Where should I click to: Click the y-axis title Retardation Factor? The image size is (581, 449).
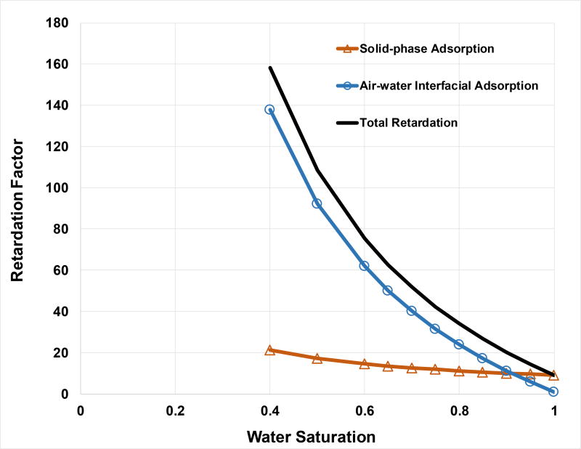click(20, 209)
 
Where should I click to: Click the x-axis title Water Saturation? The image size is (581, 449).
click(311, 437)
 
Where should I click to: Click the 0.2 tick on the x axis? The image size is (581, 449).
click(175, 409)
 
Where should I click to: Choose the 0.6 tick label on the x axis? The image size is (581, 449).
click(365, 409)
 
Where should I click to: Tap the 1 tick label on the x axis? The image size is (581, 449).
click(554, 409)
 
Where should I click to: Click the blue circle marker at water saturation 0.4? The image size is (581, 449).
click(269, 110)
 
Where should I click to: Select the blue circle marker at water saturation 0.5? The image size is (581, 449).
click(317, 203)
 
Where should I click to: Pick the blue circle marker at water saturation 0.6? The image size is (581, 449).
click(365, 266)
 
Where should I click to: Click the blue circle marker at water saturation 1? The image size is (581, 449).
click(553, 392)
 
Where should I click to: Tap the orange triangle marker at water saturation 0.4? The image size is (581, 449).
click(269, 350)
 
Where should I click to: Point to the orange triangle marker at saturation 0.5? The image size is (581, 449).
click(317, 358)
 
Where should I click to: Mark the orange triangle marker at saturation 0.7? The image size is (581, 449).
click(412, 368)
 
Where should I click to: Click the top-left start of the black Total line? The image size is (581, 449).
click(269, 68)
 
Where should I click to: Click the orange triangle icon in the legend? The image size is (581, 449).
click(346, 49)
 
